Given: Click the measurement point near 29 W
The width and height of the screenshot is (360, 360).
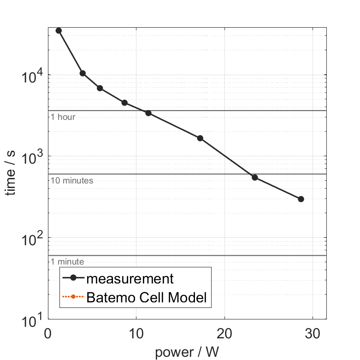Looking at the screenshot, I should (x=301, y=199).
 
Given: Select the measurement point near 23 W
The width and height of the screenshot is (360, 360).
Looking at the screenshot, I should (x=255, y=177).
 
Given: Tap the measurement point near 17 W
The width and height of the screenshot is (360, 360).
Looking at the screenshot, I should (x=200, y=138).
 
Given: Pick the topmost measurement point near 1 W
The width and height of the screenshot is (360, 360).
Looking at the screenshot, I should (x=59, y=30).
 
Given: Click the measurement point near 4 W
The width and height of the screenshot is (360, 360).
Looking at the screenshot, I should (x=83, y=73).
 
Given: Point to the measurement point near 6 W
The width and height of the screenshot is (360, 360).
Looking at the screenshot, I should (x=100, y=88).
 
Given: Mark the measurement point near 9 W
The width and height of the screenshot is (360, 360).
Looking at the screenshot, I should (x=124, y=103).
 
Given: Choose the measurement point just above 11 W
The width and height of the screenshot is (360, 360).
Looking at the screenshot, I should (x=148, y=113).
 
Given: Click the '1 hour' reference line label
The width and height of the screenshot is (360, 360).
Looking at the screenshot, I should (x=63, y=117).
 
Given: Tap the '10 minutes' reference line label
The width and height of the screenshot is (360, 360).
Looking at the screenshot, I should (x=72, y=181).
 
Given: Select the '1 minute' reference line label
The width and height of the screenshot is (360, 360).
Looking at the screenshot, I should (x=67, y=262).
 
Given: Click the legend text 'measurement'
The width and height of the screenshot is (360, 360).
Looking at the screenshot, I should (x=130, y=279).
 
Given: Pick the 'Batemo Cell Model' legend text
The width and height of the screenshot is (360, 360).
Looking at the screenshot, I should (x=147, y=298).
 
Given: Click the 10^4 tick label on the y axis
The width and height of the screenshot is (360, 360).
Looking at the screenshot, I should (x=32, y=75).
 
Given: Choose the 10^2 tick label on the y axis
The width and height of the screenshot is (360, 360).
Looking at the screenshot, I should (x=32, y=238).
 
